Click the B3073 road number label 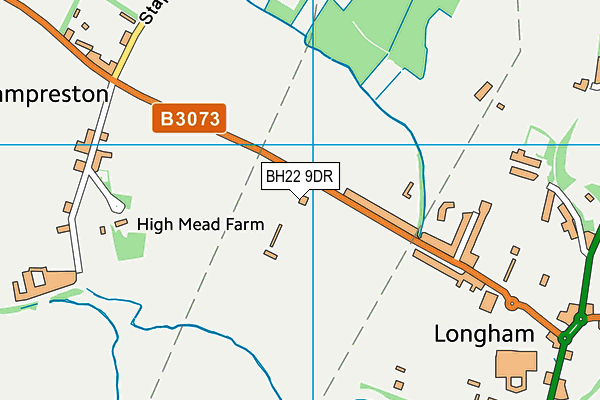190,119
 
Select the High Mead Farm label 200,225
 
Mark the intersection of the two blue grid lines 314,145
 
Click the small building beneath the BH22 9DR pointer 303,199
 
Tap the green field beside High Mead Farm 129,242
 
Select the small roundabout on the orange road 511,303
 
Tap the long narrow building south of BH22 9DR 275,235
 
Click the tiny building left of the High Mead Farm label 103,230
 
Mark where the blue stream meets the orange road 419,237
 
